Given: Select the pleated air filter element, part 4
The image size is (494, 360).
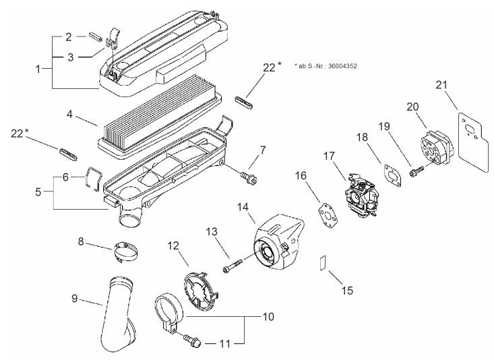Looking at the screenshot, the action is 160,118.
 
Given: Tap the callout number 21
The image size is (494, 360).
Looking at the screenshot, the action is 441,85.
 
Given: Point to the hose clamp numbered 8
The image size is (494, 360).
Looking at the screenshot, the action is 126,251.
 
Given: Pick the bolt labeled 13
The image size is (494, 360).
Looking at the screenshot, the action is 233,265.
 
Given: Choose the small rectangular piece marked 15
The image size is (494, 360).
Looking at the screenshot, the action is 323,263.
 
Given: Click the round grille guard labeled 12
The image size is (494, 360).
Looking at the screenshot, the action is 200,289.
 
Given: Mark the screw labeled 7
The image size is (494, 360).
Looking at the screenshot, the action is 249,178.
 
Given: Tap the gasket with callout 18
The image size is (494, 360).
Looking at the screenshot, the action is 392,175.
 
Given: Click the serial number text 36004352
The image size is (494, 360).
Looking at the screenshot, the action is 342,66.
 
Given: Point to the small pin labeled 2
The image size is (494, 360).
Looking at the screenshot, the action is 95,36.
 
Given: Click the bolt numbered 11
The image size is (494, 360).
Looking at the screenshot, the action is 192,341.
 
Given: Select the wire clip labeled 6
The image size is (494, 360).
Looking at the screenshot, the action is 92,179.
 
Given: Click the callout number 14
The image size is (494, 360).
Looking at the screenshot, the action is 243,207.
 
